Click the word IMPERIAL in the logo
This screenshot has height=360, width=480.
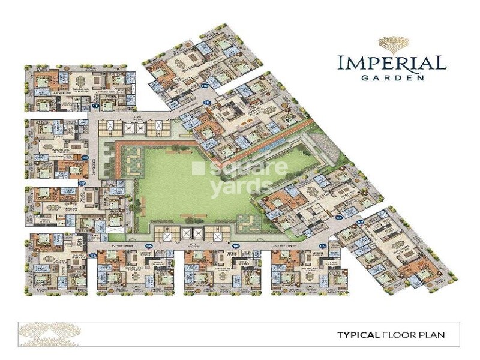click(391, 62)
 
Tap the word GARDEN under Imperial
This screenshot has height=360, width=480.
click(391, 77)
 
